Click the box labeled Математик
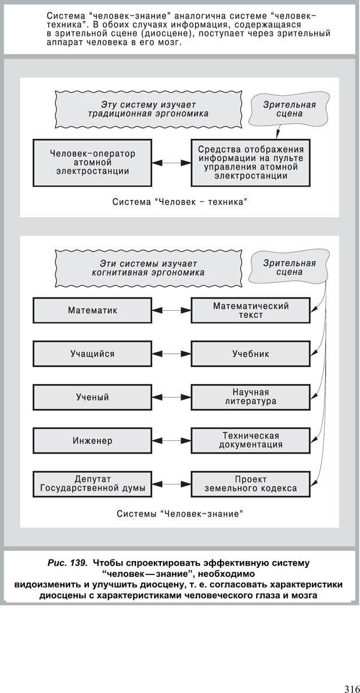[93, 310]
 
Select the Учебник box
[250, 354]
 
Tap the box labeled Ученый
[93, 397]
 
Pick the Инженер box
[93, 441]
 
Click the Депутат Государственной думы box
[93, 484]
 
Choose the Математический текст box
[250, 310]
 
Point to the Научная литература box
[250, 397]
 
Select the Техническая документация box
[250, 440]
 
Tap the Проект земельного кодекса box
[250, 484]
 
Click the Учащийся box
[93, 354]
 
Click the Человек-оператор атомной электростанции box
[93, 163]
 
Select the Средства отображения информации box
[250, 162]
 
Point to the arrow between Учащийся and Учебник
[172, 354]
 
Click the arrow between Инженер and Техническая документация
[172, 441]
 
